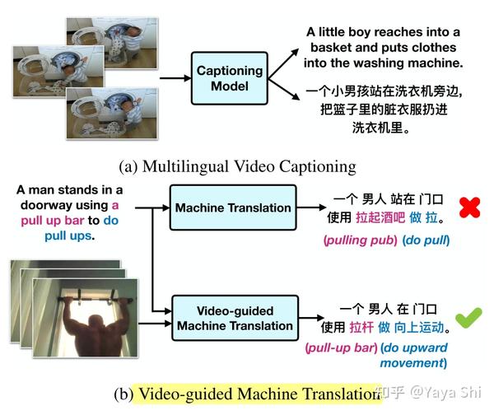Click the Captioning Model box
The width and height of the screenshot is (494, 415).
(229, 78)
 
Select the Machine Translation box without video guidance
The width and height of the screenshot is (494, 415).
(233, 207)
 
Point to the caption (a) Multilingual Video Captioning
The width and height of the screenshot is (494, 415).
(238, 166)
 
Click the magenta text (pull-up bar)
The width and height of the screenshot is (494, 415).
(341, 347)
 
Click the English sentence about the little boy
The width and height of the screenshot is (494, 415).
(383, 47)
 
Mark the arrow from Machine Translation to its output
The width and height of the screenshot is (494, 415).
(312, 207)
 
